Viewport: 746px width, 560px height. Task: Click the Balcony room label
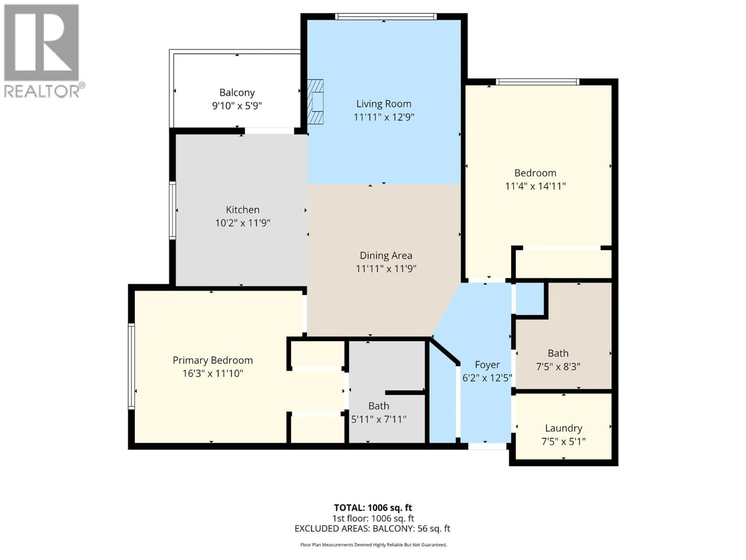[x=237, y=93]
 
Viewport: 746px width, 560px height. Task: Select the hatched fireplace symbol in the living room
[x=315, y=102]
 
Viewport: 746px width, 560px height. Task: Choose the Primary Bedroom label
[x=213, y=360]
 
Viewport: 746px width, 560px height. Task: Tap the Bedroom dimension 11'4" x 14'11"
[x=535, y=186]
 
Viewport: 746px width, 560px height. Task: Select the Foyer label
[x=487, y=365]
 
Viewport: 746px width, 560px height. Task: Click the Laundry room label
[x=564, y=428]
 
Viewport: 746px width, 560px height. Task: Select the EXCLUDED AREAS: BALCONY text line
[x=372, y=529]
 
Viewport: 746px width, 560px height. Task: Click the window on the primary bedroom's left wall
[x=131, y=366]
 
